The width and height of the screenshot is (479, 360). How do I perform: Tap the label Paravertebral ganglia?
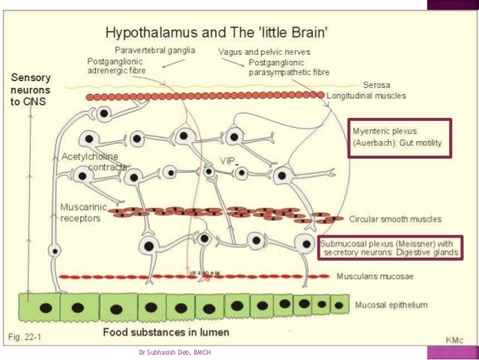pyautogui.click(x=156, y=50)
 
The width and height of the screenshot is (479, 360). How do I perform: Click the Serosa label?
pyautogui.click(x=377, y=85)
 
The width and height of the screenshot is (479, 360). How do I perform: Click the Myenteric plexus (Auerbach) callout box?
pyautogui.click(x=400, y=138)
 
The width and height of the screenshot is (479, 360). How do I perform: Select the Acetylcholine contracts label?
pyautogui.click(x=92, y=162)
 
